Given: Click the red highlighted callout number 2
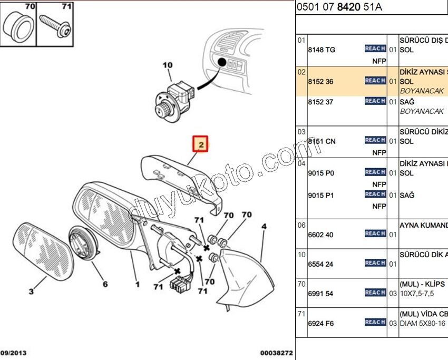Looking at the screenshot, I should pos(201,143).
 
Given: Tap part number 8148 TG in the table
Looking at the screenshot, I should pos(322,50).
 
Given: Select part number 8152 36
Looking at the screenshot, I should pos(320,82).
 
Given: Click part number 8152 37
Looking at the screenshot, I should pos(320,102).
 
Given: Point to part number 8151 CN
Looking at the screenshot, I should pos(322,141).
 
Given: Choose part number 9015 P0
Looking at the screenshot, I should pos(321,173).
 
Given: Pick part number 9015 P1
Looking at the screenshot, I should pos(321,196).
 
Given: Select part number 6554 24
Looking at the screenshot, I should pos(320,265).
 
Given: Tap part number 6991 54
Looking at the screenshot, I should pos(320,294).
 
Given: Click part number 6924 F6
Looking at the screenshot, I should pos(321,323).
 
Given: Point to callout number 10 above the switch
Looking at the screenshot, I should pos(167,65).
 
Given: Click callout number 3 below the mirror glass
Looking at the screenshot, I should pos(31,291).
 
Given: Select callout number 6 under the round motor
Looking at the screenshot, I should pos(105,284).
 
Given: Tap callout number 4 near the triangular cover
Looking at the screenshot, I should pos(264,227).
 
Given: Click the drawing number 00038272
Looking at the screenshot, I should pos(276,353).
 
